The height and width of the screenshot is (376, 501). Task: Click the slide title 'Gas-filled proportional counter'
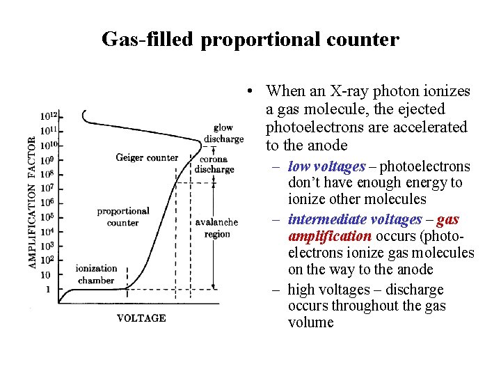coord(250,39)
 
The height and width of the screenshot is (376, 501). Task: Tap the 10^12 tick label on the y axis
coord(49,116)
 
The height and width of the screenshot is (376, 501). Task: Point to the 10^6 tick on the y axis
coord(47,202)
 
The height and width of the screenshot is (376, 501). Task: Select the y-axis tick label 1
coord(47,289)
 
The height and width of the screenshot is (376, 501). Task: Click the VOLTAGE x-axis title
coord(141,318)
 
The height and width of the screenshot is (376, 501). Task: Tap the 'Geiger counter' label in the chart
coord(147,158)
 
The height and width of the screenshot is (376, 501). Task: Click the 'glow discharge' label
coord(223,133)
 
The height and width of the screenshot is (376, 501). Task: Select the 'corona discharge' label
coord(214,164)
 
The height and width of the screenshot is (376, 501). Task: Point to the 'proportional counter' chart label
coord(123,217)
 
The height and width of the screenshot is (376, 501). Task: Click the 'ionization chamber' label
coord(96,274)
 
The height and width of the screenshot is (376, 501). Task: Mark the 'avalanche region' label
coord(216,228)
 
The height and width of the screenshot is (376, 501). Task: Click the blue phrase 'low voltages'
coord(326,166)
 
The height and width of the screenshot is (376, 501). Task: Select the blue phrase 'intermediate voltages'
coord(354,219)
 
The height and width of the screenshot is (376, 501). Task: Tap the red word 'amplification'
coord(329,236)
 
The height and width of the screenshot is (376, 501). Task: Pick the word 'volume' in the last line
coord(310,322)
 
